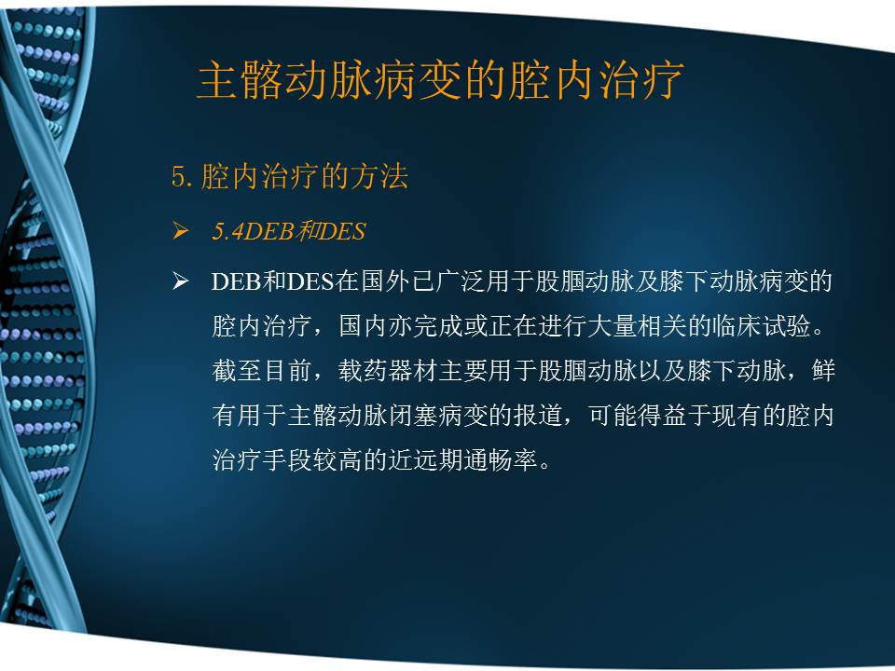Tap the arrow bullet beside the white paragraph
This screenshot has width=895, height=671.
pyautogui.click(x=181, y=282)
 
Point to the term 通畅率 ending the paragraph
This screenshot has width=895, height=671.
pyautogui.click(x=508, y=460)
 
